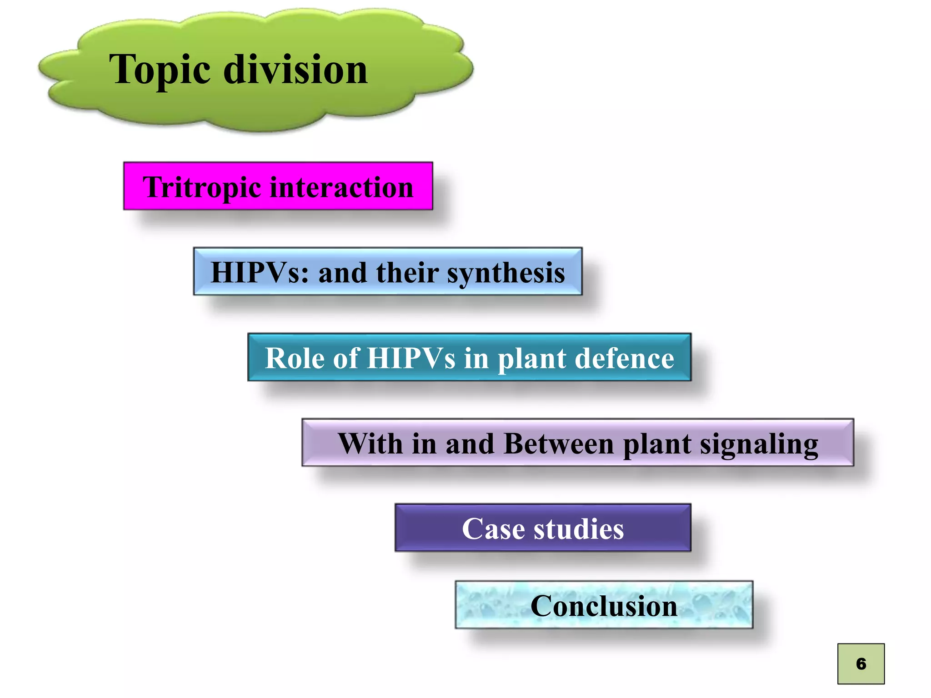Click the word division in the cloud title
click(295, 70)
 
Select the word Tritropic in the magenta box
click(202, 187)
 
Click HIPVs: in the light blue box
click(260, 273)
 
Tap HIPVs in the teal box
click(411, 358)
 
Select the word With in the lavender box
click(370, 444)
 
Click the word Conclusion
click(604, 606)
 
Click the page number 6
click(861, 664)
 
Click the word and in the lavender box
click(470, 444)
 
